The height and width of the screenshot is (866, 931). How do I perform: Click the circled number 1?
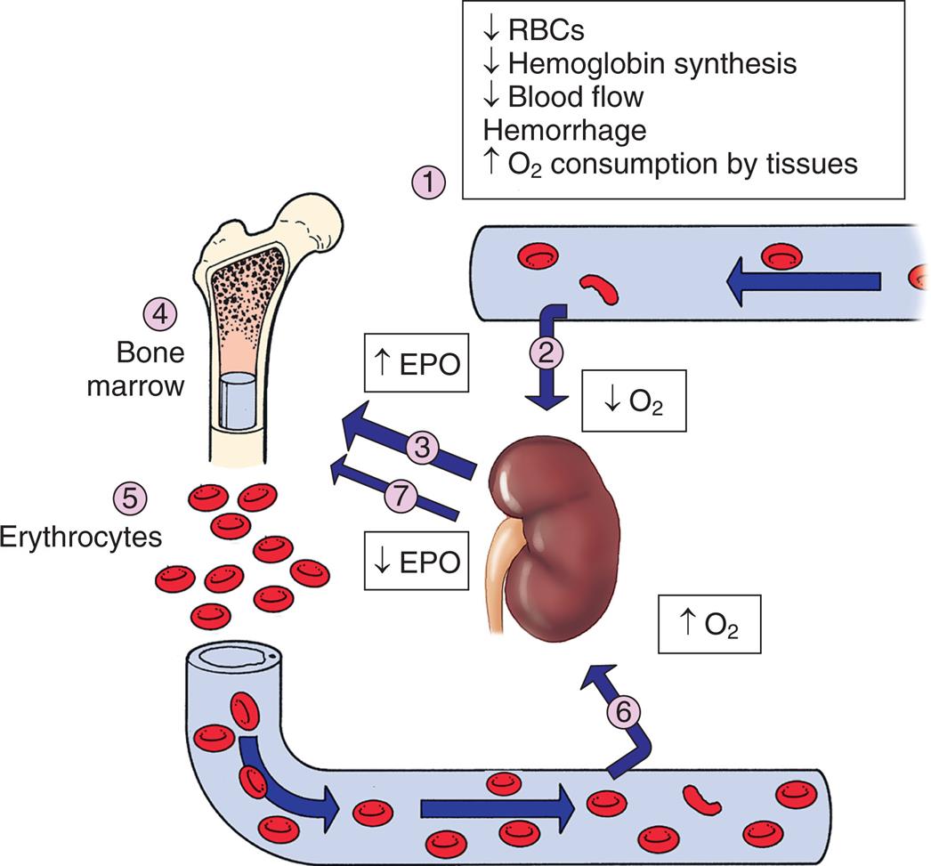coord(432,185)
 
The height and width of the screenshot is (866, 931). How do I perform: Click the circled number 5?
coord(131,496)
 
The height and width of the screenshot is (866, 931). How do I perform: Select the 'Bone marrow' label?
coord(149,370)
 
